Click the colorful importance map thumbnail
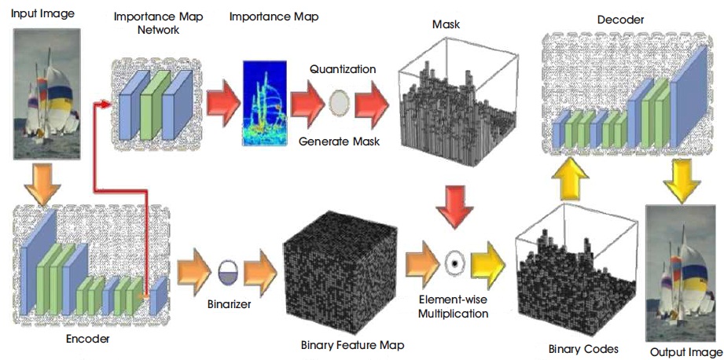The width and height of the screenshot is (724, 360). tap(263, 105)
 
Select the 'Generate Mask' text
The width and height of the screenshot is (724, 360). tap(340, 141)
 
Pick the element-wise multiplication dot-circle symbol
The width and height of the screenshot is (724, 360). tap(454, 263)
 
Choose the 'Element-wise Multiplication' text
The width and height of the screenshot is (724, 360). tap(454, 307)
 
